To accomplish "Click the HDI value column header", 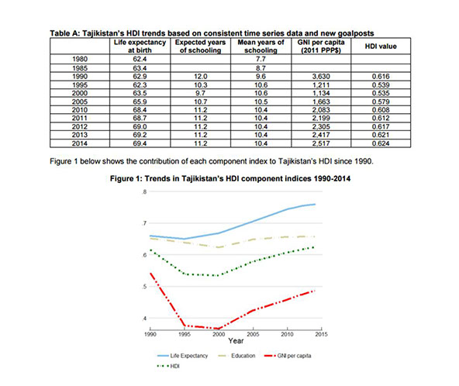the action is point(381,47).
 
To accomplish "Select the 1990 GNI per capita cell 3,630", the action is point(321,77).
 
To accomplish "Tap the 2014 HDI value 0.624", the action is point(381,143).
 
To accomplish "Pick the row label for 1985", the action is point(80,68).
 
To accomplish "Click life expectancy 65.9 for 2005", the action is point(140,102).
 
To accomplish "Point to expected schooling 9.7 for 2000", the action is point(200,93).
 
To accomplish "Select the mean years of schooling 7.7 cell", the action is point(261,59).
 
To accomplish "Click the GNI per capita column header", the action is point(321,47).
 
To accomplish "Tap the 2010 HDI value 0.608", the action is point(381,110).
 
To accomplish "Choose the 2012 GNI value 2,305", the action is point(321,126).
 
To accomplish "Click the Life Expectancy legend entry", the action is point(183,356).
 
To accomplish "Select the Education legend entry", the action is point(236,356).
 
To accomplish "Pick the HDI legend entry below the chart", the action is point(168,366).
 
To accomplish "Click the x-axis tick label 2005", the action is point(253,334).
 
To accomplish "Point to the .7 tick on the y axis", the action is point(144,223).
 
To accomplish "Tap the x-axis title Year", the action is point(236,340).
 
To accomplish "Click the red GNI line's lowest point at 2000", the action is point(219,329).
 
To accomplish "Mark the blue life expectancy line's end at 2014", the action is point(315,205).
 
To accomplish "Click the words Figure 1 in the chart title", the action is point(123,179).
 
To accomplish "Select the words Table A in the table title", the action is point(64,33).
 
